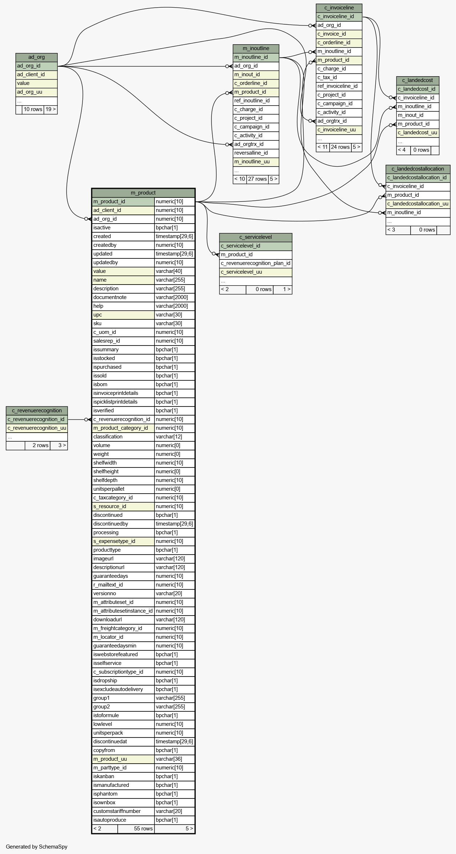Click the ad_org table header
(x=36, y=57)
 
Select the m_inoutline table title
(x=256, y=49)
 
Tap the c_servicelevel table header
(x=255, y=237)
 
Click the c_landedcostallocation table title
(x=417, y=169)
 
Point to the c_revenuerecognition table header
(x=37, y=411)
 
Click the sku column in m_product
(x=97, y=324)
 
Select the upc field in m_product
(x=97, y=315)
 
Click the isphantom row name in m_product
(x=105, y=794)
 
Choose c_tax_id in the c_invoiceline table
(x=327, y=78)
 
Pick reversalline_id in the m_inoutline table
(x=251, y=153)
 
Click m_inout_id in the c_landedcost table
(x=410, y=115)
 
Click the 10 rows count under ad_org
(x=33, y=110)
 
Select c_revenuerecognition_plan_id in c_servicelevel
(x=255, y=263)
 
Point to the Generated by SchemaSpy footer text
(x=36, y=847)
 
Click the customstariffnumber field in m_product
(x=117, y=812)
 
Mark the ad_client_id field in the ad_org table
(x=31, y=75)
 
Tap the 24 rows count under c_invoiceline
(x=340, y=147)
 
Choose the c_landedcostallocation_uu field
(x=418, y=204)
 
